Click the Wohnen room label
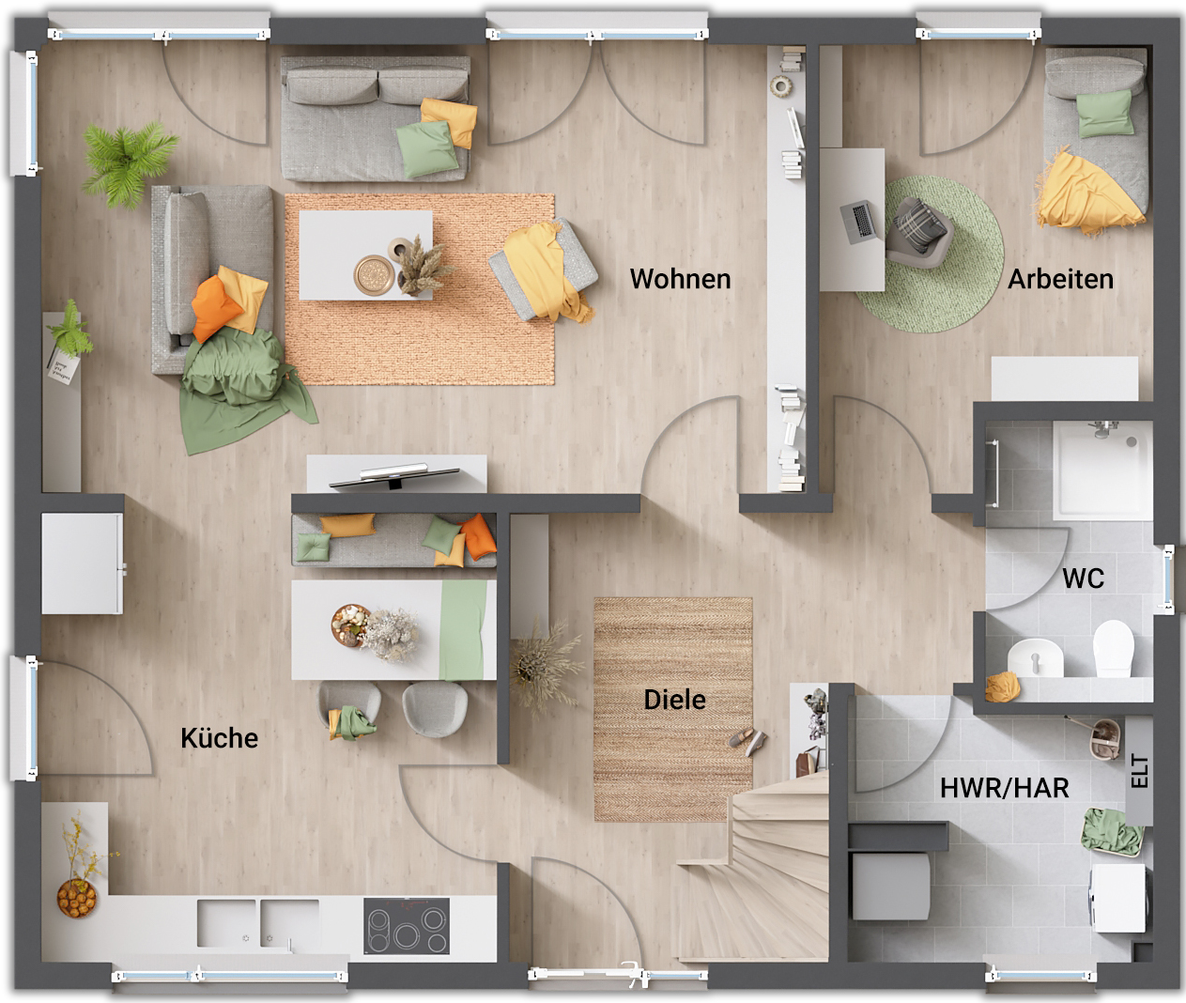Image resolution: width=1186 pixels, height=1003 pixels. pos(680,279)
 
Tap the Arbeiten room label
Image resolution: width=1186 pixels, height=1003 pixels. pos(1060,279)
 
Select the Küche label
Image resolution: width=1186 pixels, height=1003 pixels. pos(219,738)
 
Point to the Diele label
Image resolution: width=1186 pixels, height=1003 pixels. pos(675,700)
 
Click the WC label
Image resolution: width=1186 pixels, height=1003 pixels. pos(1084,579)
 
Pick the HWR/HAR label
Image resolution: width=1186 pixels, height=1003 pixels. pos(1005,788)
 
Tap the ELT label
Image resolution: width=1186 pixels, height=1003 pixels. pos(1140,771)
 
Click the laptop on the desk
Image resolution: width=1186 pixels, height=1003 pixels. pos(858,222)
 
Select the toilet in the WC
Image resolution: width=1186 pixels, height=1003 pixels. pos(1114,648)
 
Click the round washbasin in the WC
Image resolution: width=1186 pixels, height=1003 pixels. pos(1035,657)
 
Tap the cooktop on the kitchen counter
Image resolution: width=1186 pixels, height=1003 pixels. pos(407,926)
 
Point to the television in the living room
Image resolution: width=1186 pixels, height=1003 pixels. pos(394,477)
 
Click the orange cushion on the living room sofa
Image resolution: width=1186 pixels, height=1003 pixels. pos(216,308)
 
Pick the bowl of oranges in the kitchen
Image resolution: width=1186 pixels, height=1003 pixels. pos(76,898)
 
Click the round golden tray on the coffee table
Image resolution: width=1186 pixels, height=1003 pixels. pos(374,275)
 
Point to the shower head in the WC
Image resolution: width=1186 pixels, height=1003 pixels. pos(1103,428)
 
